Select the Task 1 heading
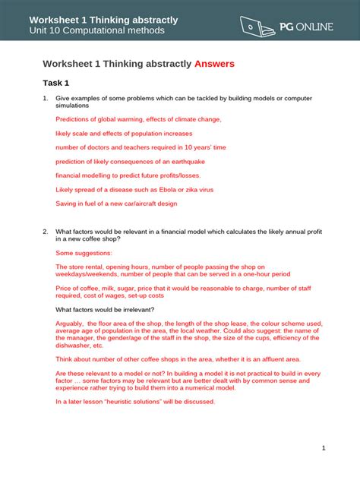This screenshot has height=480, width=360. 56,83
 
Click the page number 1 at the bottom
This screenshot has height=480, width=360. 324,448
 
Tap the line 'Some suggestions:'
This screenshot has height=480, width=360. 84,252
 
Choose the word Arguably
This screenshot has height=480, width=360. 71,323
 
